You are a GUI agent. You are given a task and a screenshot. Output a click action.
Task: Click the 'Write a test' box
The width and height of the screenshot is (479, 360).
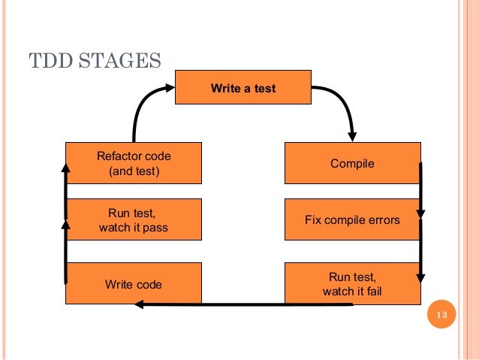[243, 88]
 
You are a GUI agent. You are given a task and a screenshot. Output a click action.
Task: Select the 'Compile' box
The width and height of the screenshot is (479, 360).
[352, 163]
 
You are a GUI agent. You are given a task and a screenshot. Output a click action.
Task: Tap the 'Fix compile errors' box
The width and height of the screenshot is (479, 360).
[352, 220]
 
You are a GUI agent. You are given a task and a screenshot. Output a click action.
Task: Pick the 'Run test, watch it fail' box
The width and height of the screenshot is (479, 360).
[352, 283]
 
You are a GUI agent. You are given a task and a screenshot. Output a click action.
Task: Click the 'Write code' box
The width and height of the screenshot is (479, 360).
[134, 284]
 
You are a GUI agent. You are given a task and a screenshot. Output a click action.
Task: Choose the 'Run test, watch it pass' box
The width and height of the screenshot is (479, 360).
[134, 220]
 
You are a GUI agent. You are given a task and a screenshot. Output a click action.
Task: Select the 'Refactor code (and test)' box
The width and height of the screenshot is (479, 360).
[134, 163]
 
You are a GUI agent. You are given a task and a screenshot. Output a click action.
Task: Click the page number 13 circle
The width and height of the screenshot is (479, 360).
[441, 314]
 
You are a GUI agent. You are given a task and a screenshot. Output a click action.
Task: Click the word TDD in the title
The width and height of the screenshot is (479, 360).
[49, 60]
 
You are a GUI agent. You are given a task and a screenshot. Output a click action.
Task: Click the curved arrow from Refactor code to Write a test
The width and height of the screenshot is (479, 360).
[144, 105]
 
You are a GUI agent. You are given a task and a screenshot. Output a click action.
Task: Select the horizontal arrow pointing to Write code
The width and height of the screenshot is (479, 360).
[210, 304]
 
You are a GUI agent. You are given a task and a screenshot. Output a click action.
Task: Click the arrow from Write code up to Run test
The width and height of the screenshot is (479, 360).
[65, 252]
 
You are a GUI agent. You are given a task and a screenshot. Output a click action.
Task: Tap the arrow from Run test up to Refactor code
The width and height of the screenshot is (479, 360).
[65, 192]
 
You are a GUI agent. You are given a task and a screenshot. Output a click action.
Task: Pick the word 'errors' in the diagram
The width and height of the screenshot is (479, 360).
[383, 220]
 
